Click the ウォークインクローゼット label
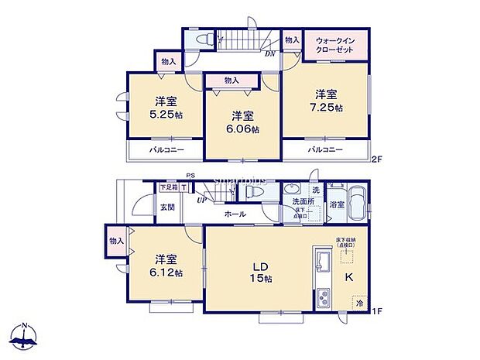pos(335,43)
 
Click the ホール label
pos(235,213)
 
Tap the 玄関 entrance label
pos(167,208)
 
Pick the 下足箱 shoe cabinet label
pos(169,187)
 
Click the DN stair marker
pos(271,53)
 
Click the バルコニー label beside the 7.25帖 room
pos(324,149)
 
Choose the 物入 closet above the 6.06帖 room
pos(231,80)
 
